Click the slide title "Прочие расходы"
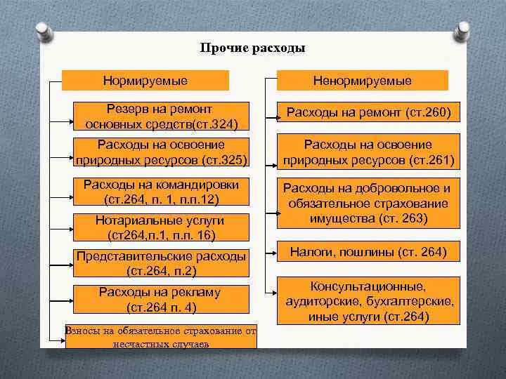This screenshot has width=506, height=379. point(252,48)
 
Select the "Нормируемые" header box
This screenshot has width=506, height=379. point(145,81)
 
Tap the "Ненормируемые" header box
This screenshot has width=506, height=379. point(363,81)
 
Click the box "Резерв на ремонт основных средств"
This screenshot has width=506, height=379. point(162,117)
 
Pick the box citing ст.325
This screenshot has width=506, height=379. point(162,152)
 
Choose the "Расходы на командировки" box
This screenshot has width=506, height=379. point(162,192)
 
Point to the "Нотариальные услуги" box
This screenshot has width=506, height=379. point(162,227)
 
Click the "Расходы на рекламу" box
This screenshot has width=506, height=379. point(162,299)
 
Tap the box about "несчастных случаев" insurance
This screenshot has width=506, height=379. point(160,337)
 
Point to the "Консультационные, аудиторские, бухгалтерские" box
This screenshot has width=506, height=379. point(368,302)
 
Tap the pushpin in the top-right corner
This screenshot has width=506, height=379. point(462,32)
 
